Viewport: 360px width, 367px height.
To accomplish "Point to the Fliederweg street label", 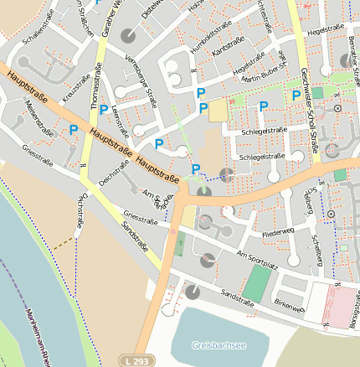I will [x=279, y=227].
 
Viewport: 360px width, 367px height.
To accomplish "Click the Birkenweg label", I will [x=288, y=307].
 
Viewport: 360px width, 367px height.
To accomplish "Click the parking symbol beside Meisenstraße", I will [x=74, y=130].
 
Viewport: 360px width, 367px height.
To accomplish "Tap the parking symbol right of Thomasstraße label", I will [x=103, y=110].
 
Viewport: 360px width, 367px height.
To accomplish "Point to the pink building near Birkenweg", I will [x=340, y=305].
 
